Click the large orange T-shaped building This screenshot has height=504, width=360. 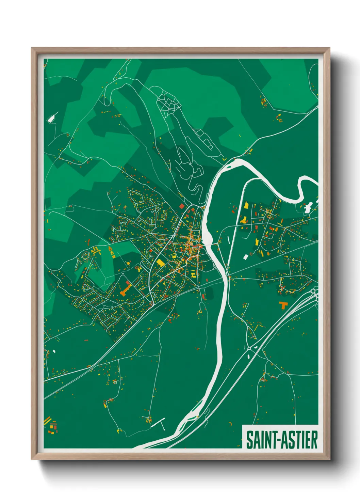click(x=283, y=304)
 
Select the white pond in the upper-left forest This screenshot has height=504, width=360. click(x=51, y=118)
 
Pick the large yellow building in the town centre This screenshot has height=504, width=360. click(x=159, y=263)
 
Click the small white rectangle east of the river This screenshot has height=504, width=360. click(x=245, y=256)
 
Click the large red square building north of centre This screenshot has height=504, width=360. click(x=181, y=206)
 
